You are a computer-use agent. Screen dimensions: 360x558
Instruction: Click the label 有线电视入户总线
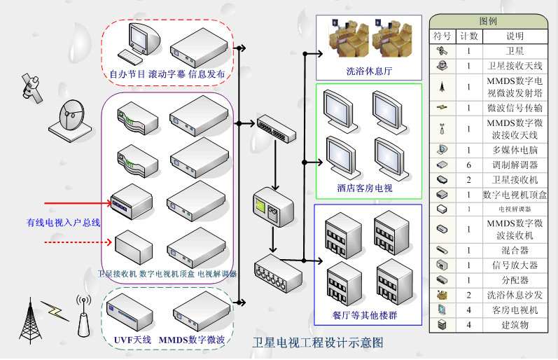64,223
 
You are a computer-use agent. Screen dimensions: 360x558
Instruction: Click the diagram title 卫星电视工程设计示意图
318,343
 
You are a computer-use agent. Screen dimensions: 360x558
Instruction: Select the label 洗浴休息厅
369,71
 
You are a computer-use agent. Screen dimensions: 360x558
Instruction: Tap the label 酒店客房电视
364,188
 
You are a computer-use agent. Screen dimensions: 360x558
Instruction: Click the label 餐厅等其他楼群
365,315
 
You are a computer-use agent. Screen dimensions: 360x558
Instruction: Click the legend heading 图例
488,21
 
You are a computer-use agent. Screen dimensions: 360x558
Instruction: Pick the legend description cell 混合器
515,250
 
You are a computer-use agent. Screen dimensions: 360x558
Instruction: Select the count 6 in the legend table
468,165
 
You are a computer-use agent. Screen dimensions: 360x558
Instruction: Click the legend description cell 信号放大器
515,265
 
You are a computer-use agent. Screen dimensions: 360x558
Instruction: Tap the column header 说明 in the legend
515,36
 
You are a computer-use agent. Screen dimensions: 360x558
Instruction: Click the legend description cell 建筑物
515,325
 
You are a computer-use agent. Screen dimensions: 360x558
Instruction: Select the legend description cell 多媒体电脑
515,149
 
